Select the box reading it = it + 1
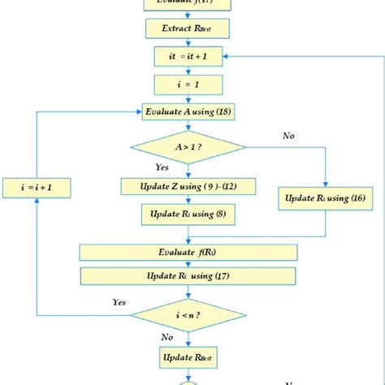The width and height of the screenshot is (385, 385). click(188, 56)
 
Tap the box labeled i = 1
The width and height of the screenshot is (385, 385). click(188, 83)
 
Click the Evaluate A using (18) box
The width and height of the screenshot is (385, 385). click(188, 111)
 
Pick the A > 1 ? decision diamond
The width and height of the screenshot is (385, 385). click(188, 148)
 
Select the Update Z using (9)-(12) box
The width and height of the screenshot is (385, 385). click(188, 188)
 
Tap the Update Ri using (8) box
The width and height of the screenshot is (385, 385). click(188, 214)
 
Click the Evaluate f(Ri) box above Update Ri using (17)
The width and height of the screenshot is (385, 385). click(188, 252)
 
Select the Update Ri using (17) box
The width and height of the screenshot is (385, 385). click(188, 277)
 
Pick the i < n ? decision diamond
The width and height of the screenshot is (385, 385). click(188, 314)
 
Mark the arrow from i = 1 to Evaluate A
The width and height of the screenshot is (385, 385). click(188, 97)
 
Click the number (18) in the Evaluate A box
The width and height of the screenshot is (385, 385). click(226, 111)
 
